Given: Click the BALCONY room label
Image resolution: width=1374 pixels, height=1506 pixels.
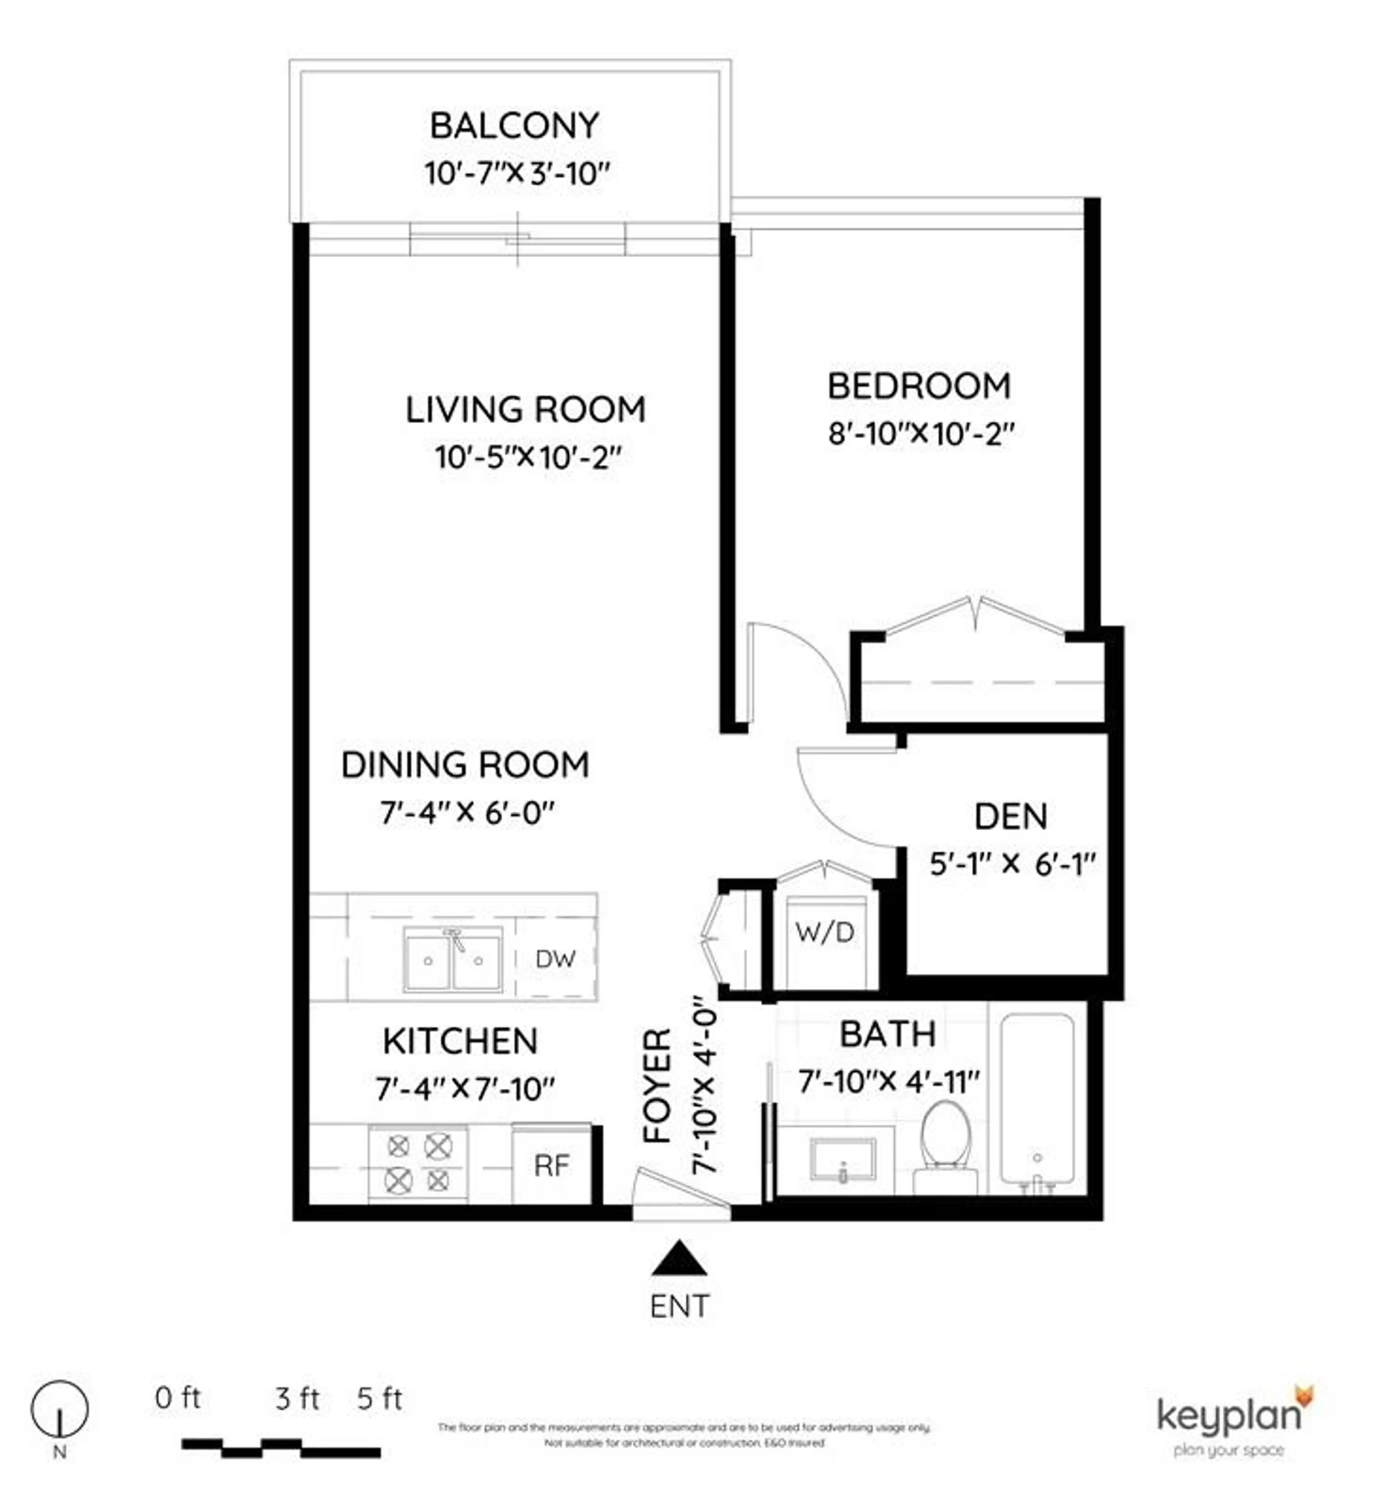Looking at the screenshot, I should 514,126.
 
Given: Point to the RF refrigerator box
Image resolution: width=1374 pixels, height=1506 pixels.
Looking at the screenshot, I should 551,1165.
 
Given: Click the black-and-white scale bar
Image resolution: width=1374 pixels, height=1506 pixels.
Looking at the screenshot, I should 281,1448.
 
